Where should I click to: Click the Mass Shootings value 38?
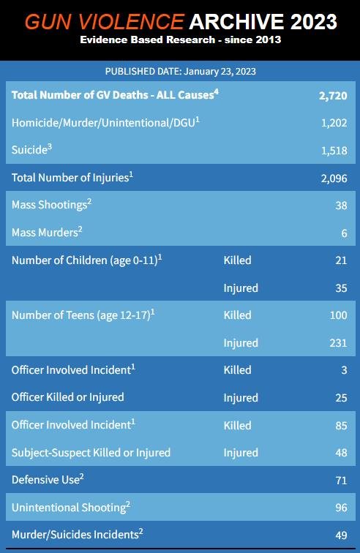(341, 206)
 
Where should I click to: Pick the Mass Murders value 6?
(344, 233)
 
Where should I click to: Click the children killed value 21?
(341, 260)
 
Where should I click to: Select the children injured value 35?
(341, 287)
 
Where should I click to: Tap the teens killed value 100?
(338, 315)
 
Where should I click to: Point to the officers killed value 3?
(344, 370)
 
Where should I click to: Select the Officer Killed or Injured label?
(67, 397)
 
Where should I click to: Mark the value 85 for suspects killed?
(341, 425)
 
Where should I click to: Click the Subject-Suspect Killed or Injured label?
(91, 452)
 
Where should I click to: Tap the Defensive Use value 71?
(341, 480)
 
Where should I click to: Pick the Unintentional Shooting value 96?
(341, 507)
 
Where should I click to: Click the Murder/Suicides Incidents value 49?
(341, 535)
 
